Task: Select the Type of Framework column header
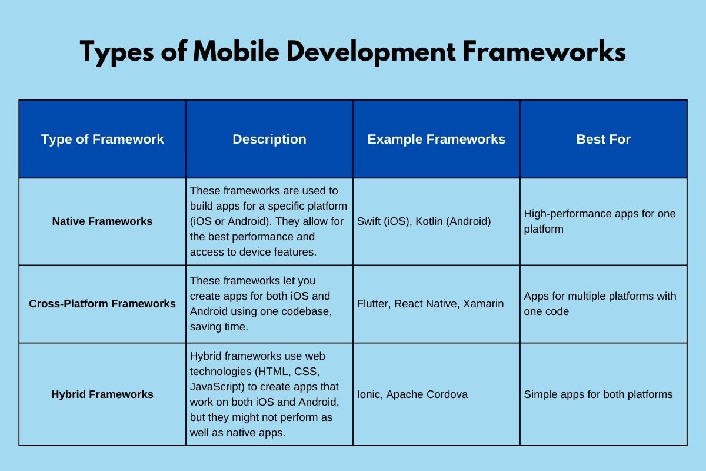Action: click(102, 140)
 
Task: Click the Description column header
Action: click(269, 140)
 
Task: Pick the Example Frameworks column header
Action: click(437, 140)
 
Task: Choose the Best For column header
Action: click(603, 140)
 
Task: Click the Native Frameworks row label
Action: click(102, 221)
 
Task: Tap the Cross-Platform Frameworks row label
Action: click(102, 304)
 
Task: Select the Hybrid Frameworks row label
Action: click(102, 394)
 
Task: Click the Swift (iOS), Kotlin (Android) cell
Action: click(424, 221)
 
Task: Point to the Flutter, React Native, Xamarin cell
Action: click(431, 304)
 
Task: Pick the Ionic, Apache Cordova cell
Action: click(412, 394)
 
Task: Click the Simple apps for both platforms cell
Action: click(598, 394)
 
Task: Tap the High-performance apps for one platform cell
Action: click(600, 221)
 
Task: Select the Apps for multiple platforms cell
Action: click(600, 303)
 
